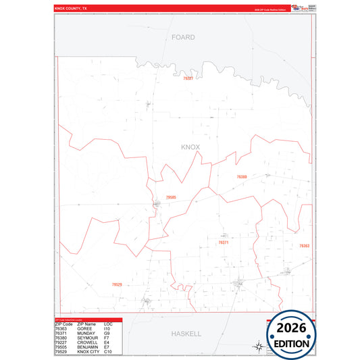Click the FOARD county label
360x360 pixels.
(183, 37)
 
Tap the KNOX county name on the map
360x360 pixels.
(190, 147)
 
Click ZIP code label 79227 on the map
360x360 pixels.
(188, 78)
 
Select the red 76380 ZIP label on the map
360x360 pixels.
(241, 177)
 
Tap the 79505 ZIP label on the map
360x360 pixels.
(171, 198)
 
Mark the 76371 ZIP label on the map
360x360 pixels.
(224, 242)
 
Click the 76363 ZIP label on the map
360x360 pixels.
(304, 246)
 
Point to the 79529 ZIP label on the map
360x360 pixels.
(117, 284)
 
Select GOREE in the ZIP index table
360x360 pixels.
(85, 330)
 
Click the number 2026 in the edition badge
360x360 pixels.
(292, 328)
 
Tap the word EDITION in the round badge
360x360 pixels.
(292, 343)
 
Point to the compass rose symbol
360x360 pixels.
(259, 347)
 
